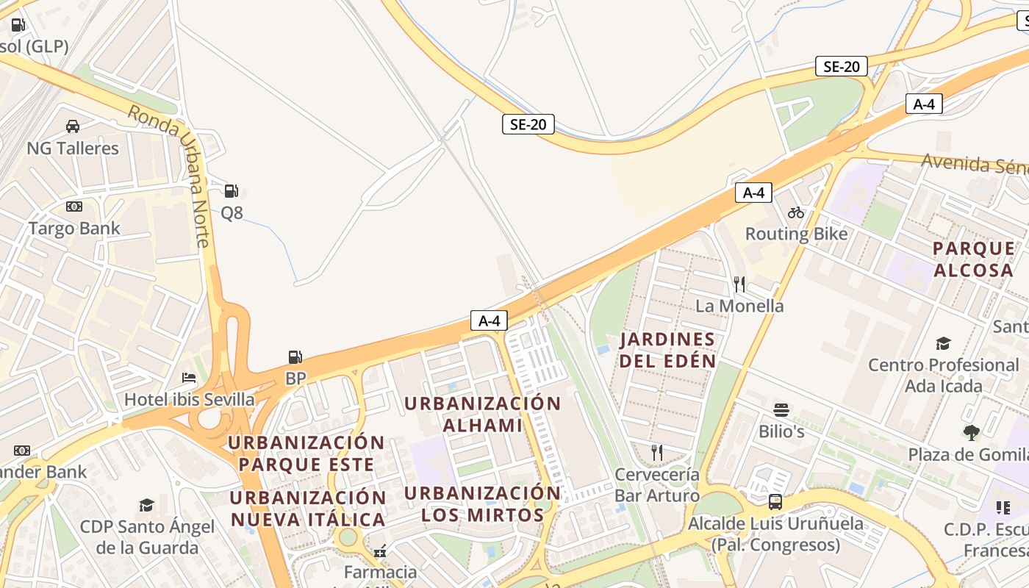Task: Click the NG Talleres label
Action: pos(73,148)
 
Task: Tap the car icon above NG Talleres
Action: pos(73,126)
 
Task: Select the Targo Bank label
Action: pos(74,229)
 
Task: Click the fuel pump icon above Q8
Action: pos(232,191)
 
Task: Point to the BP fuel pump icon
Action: pos(295,357)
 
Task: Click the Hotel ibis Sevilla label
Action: pos(190,400)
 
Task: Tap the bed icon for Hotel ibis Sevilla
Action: pos(189,379)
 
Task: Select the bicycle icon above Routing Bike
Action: pos(796,212)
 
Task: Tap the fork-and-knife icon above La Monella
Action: pos(739,284)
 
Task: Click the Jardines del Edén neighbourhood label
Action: pos(667,350)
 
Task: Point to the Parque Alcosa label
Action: pos(973,259)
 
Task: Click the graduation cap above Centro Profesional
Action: pos(943,343)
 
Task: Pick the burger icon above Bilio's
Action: pos(781,409)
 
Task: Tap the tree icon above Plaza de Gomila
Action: pos(972,433)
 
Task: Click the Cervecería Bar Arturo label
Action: pos(657,485)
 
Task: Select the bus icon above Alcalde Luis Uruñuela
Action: pos(775,502)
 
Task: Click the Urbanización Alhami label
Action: pos(482,414)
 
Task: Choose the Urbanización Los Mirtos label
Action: pos(482,503)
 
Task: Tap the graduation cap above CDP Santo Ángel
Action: pos(146,505)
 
